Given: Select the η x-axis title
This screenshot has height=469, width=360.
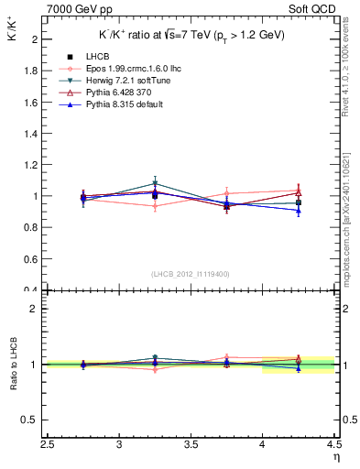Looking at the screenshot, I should point(334,455).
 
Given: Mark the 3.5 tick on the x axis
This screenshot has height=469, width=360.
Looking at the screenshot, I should point(191,445).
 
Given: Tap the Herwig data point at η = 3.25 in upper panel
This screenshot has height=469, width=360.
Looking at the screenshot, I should point(156,183).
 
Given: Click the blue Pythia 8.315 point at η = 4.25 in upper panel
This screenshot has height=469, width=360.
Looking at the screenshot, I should point(298,211).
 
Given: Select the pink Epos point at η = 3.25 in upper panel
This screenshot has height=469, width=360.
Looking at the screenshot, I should point(156,206).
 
